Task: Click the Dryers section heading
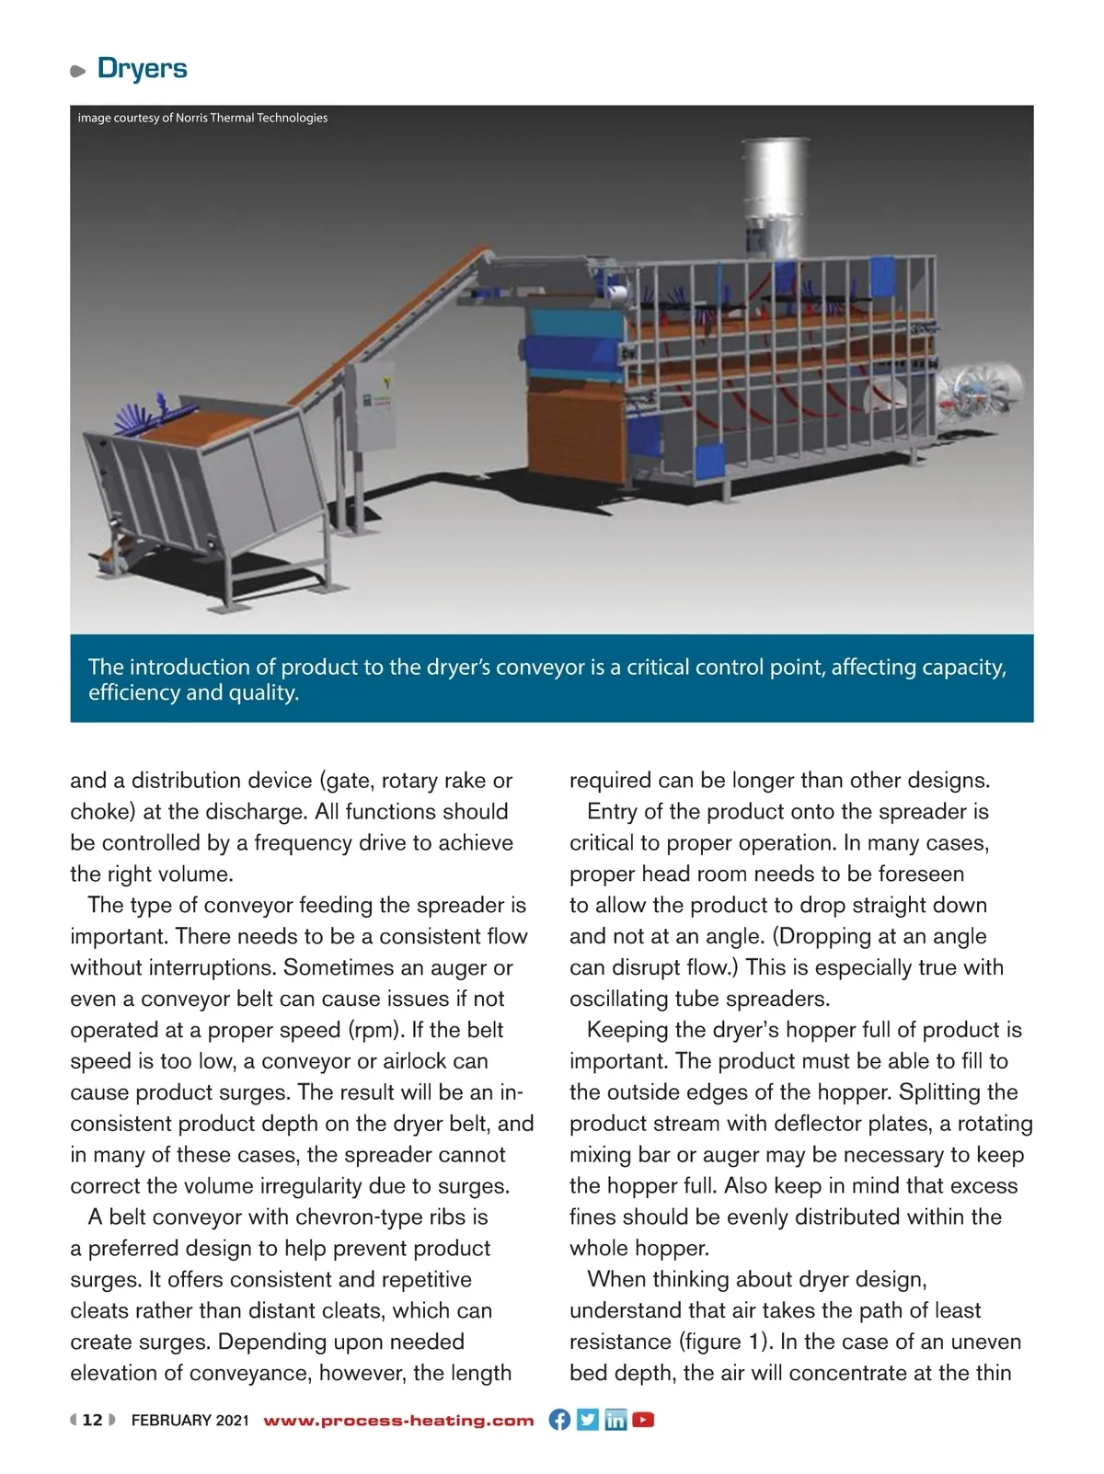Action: tap(142, 68)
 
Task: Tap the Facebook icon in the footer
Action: tap(559, 1419)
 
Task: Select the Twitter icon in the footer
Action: tap(588, 1419)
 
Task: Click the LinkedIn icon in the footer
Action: tap(615, 1419)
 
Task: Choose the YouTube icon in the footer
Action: tap(643, 1419)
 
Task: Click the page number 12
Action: tap(93, 1420)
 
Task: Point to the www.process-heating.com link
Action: tap(398, 1420)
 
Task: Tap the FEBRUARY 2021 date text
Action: tap(190, 1420)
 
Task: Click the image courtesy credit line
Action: tap(202, 118)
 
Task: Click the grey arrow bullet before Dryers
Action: tap(78, 71)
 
